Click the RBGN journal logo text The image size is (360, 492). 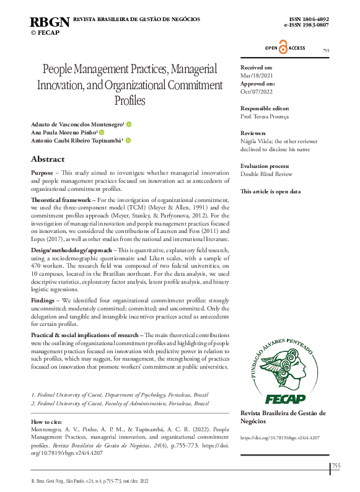click(50, 23)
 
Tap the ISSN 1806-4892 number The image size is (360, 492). click(309, 20)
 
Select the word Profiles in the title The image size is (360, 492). click(130, 100)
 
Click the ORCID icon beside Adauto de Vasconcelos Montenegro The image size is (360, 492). click(128, 125)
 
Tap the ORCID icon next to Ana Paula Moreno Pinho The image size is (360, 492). click(102, 133)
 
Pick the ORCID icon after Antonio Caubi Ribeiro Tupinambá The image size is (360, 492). click(128, 141)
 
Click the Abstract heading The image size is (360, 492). click(48, 159)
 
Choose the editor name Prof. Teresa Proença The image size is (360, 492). click(265, 116)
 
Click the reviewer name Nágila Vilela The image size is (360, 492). click(255, 141)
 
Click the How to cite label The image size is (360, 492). click(47, 421)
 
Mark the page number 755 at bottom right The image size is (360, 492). click(336, 466)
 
